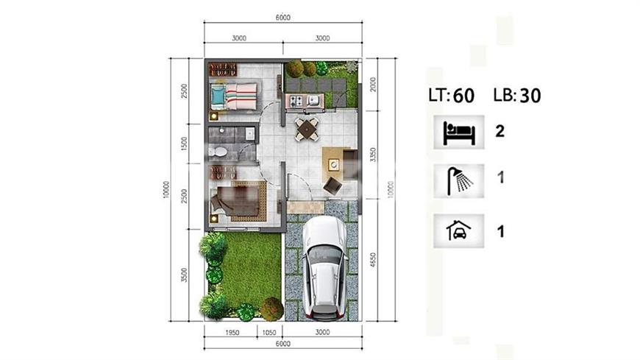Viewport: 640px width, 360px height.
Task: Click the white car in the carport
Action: pos(325,268)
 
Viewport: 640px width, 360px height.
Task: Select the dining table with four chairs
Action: pos(307,130)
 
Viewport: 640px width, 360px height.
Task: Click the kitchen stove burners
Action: pos(296,99)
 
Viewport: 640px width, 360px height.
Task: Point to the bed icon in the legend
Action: pos(459,133)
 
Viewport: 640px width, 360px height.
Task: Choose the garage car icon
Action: pos(459,230)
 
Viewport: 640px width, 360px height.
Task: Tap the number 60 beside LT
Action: pos(463,96)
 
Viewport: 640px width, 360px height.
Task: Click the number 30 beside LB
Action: pos(530,96)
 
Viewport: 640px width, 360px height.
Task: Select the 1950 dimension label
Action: pos(232,333)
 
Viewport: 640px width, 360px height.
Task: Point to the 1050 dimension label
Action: pos(269,333)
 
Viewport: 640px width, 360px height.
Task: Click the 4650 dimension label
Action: pos(372,261)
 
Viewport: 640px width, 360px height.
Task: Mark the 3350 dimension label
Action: pos(372,155)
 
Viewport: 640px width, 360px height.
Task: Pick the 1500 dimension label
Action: pos(184,144)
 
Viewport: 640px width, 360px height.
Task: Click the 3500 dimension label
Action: pos(184,275)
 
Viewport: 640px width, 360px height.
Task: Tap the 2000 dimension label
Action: pos(372,85)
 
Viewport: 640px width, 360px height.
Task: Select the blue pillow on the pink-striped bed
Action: pos(218,96)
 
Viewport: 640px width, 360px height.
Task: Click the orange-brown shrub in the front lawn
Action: pos(272,308)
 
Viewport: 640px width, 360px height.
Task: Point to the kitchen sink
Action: pos(313,99)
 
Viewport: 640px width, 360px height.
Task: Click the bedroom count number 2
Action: pos(499,131)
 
